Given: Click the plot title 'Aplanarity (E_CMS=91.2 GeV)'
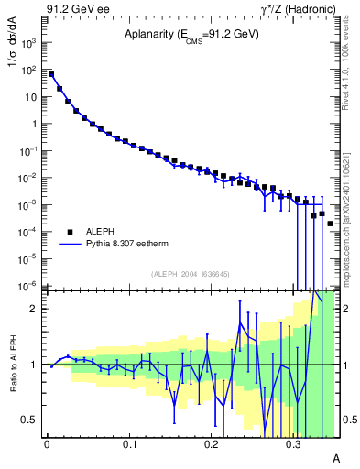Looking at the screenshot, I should (x=191, y=35).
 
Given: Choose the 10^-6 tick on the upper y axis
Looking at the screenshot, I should (x=30, y=286).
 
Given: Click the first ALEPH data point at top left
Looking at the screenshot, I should (x=51, y=74).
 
